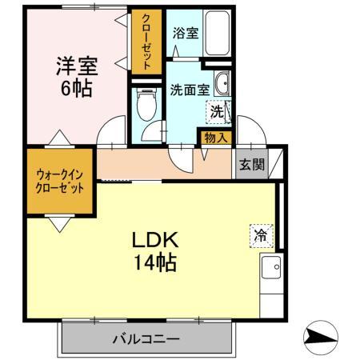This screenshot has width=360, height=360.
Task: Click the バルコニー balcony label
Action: [147, 339]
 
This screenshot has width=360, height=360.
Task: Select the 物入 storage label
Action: [215, 138]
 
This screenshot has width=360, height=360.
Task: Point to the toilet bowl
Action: [146, 104]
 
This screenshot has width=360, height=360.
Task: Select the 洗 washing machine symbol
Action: [217, 113]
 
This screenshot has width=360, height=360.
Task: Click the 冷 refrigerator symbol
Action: [261, 234]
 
